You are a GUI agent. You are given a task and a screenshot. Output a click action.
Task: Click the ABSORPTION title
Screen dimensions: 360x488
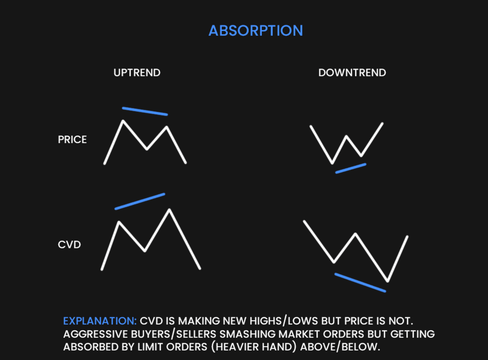click(256, 31)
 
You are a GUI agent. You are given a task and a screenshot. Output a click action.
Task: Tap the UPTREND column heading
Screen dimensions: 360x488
click(137, 73)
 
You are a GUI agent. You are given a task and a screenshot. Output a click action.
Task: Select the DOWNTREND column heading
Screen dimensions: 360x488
click(352, 73)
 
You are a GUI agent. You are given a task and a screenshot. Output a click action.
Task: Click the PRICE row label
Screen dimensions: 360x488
click(72, 140)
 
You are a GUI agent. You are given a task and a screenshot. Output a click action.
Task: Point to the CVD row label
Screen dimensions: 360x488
click(70, 244)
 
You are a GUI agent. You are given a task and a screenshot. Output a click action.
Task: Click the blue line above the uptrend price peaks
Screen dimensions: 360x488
click(145, 111)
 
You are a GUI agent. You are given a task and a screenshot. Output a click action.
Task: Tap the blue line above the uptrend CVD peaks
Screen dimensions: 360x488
click(140, 201)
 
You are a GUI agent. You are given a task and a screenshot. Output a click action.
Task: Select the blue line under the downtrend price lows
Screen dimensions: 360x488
click(351, 168)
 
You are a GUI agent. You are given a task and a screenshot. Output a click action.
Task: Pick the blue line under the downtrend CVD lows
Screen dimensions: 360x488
click(360, 282)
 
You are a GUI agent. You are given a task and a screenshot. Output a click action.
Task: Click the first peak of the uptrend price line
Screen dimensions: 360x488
click(123, 121)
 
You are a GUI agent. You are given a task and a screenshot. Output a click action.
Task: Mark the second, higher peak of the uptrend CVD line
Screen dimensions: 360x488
click(169, 210)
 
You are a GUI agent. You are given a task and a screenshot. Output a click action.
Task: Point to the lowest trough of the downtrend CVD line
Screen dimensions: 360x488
click(387, 281)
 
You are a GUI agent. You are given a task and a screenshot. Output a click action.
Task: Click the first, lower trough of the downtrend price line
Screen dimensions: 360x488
click(332, 163)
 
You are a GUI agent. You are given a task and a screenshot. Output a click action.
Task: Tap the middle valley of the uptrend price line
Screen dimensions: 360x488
click(147, 149)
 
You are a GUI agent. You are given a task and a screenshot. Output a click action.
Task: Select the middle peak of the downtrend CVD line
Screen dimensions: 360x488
click(355, 234)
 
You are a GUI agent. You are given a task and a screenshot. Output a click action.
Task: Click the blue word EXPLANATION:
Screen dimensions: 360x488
click(100, 321)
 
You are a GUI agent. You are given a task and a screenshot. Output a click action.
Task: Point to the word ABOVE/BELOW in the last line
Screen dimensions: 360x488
click(340, 347)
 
